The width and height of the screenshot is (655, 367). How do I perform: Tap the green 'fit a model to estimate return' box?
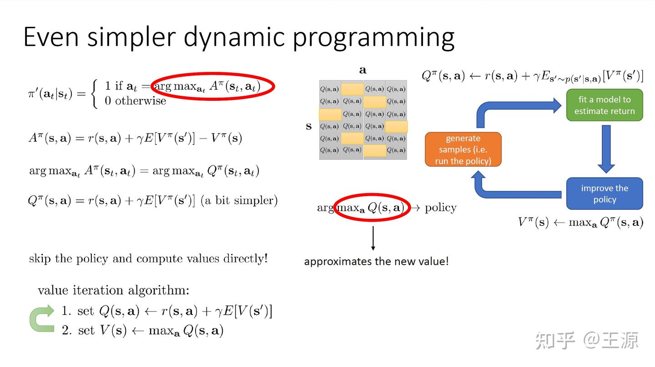605,105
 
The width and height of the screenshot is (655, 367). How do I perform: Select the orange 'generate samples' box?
463,149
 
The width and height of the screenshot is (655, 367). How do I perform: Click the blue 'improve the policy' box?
605,193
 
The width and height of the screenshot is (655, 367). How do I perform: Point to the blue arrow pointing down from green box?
605,149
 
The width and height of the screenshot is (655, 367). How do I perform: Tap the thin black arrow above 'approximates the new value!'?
373,238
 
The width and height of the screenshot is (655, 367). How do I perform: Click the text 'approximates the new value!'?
376,262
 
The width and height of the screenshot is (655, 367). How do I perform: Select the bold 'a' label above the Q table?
363,70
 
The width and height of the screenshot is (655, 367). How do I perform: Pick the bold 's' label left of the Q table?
309,126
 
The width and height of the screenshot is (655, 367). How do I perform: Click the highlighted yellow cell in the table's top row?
352,89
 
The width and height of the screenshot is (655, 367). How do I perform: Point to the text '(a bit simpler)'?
239,200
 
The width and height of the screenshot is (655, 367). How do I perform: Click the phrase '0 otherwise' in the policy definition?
135,101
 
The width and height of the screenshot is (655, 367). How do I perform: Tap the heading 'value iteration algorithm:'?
113,290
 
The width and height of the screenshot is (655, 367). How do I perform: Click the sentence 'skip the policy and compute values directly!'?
148,258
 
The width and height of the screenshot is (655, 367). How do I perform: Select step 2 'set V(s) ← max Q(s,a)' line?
142,331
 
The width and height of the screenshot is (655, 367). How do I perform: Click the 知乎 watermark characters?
555,340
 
